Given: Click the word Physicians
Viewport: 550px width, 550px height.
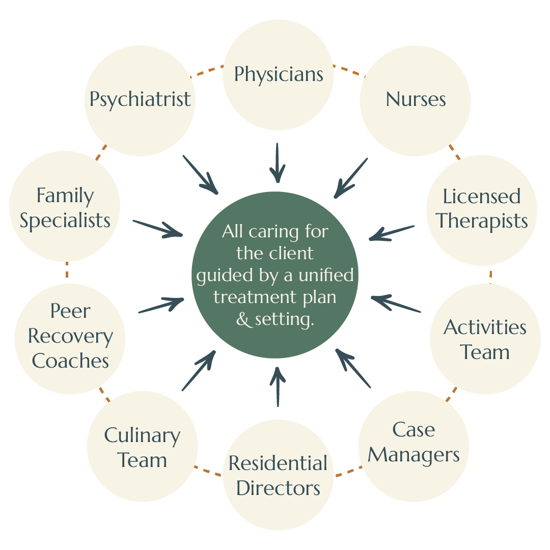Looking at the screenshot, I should [x=279, y=74].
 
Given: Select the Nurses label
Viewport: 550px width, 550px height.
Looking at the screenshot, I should [x=416, y=99].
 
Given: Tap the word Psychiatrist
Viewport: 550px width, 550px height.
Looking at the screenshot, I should [x=140, y=99].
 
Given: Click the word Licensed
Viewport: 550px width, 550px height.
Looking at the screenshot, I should [x=481, y=197].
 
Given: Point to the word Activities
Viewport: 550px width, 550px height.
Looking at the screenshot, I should [x=485, y=327].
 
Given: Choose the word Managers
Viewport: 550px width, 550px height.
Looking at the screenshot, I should [x=414, y=455].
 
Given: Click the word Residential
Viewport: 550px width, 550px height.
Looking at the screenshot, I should [x=278, y=463].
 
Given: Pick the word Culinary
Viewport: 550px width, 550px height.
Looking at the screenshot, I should [x=142, y=436].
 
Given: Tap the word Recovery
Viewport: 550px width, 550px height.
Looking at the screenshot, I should [x=70, y=336].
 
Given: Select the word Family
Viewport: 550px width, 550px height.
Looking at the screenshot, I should [x=65, y=196].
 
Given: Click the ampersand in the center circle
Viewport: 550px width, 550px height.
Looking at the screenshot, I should [x=244, y=320].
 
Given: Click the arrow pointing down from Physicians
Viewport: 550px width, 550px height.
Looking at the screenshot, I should [x=277, y=162].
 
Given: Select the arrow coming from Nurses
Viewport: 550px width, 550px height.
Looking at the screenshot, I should [x=351, y=178].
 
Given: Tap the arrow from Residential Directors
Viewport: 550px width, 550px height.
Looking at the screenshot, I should [x=278, y=387].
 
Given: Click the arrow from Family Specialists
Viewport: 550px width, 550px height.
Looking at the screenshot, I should [x=158, y=229].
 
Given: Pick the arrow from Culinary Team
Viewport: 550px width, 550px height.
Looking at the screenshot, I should [x=198, y=371].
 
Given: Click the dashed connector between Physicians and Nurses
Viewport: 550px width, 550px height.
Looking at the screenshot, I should [x=349, y=70].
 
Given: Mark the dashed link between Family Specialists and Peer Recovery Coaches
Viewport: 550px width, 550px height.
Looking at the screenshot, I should [x=67, y=270].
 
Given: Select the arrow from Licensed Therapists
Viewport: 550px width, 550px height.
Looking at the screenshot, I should [x=392, y=233].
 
